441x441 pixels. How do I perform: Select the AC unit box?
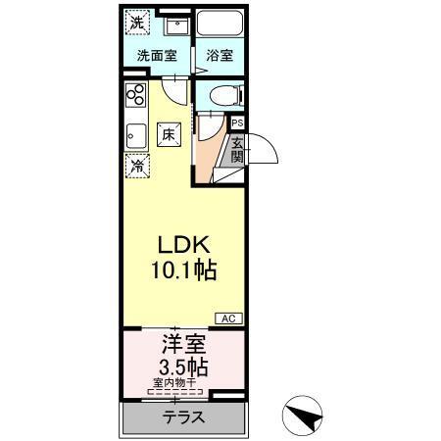point(228,319)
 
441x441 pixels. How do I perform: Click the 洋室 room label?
point(182,346)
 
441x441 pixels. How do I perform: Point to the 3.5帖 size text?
point(182,368)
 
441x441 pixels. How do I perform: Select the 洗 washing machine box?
point(137,22)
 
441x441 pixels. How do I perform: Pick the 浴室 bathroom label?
point(218,56)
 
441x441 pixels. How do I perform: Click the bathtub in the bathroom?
point(218,25)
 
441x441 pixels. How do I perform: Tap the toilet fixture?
point(218,95)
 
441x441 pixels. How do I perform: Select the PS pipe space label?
point(236,122)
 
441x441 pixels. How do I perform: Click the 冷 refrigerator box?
point(138,166)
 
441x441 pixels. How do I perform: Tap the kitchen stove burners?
point(136,97)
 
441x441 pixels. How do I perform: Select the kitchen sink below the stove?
point(136,132)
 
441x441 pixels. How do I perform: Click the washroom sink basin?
point(177,24)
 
